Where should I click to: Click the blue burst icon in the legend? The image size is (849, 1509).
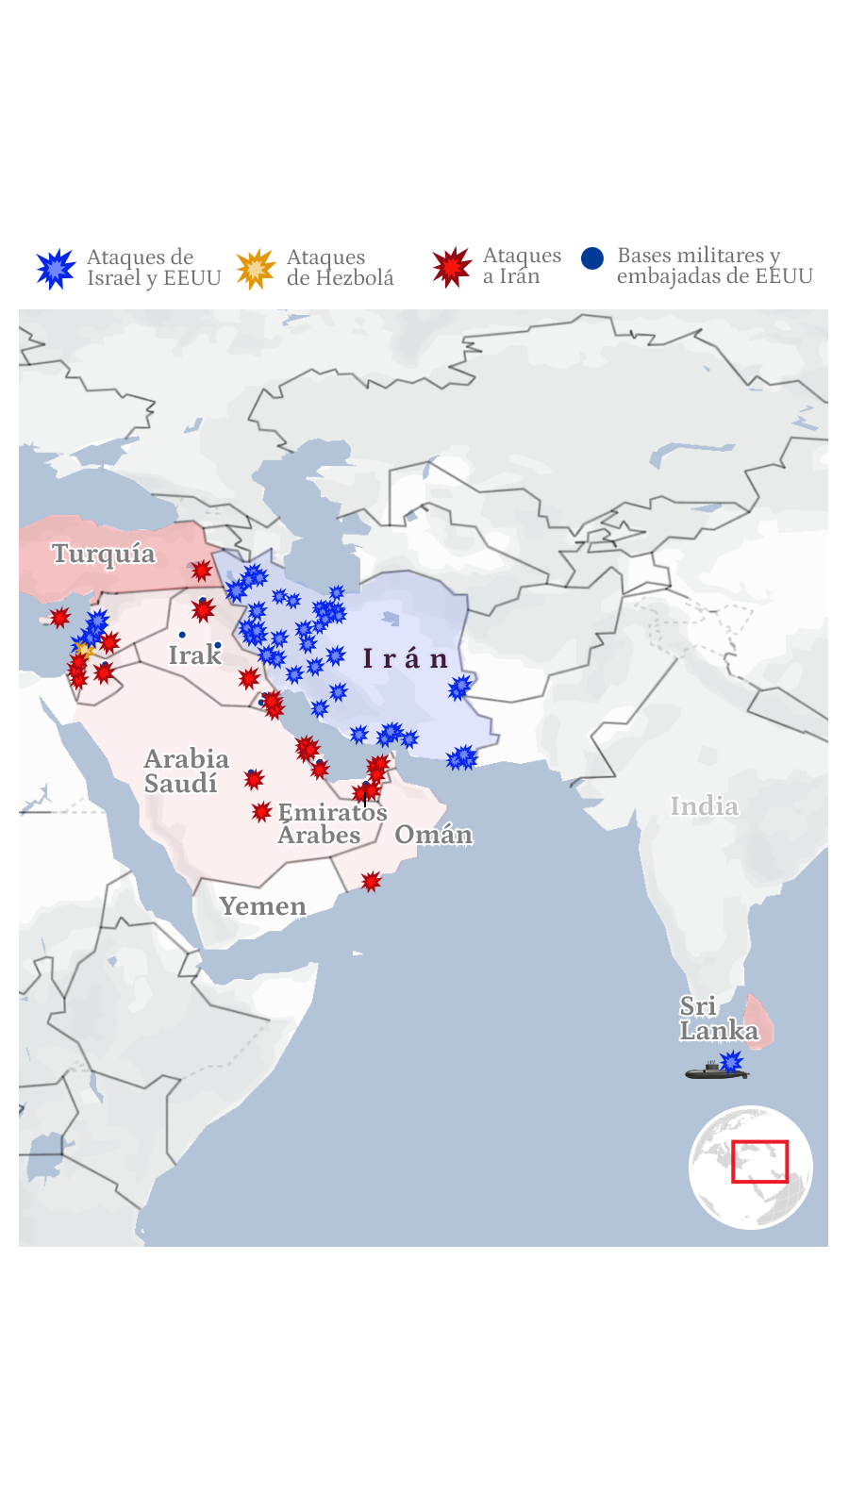pyautogui.click(x=56, y=269)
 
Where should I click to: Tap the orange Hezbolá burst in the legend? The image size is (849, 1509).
pyautogui.click(x=256, y=269)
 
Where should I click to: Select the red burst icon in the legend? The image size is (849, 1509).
pyautogui.click(x=452, y=267)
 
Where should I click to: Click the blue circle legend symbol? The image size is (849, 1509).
pyautogui.click(x=592, y=258)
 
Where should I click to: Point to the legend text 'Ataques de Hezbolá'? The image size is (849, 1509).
pyautogui.click(x=340, y=268)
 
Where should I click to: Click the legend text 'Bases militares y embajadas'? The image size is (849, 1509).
pyautogui.click(x=714, y=266)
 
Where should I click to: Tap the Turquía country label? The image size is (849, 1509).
pyautogui.click(x=104, y=554)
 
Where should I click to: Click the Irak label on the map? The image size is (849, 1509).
pyautogui.click(x=194, y=655)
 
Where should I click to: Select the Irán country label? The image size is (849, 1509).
pyautogui.click(x=406, y=659)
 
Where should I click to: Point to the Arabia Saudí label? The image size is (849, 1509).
pyautogui.click(x=186, y=771)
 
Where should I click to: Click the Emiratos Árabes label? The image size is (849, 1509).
pyautogui.click(x=332, y=823)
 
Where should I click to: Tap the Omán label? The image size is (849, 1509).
pyautogui.click(x=433, y=835)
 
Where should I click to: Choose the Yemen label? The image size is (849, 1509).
pyautogui.click(x=262, y=906)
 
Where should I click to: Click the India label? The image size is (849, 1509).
pyautogui.click(x=704, y=806)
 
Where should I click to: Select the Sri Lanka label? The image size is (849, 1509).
pyautogui.click(x=718, y=1019)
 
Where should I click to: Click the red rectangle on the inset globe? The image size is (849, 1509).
pyautogui.click(x=759, y=1162)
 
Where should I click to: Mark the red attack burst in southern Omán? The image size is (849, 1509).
pyautogui.click(x=372, y=882)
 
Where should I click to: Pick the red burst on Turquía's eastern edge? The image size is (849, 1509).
pyautogui.click(x=201, y=571)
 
